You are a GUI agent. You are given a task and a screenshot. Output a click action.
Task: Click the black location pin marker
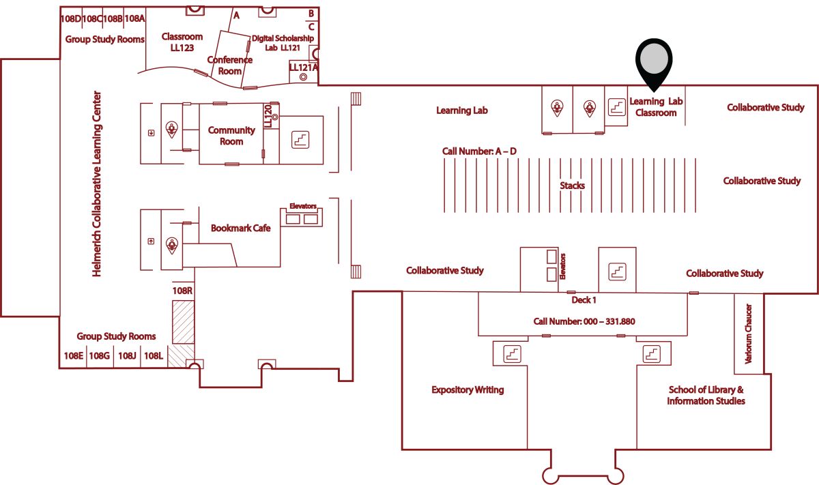(x=654, y=62)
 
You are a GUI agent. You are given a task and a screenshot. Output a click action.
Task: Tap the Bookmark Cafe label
(x=240, y=228)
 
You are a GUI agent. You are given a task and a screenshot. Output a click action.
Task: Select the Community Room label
(x=231, y=136)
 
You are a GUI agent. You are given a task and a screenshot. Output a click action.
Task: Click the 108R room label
(x=182, y=291)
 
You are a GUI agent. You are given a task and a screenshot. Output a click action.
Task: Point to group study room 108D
(x=70, y=18)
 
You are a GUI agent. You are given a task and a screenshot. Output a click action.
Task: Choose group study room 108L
(x=154, y=355)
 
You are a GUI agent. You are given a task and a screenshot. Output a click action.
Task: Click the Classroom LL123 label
(x=182, y=42)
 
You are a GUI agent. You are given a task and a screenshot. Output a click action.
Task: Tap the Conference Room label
(x=229, y=65)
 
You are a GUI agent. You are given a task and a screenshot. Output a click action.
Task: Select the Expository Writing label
(x=468, y=390)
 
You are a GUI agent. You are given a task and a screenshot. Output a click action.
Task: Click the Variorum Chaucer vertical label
(x=749, y=334)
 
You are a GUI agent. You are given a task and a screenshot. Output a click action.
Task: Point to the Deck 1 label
(x=584, y=300)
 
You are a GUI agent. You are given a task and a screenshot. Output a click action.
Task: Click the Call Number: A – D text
(x=479, y=151)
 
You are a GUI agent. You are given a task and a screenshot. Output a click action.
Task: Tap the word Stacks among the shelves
(x=572, y=186)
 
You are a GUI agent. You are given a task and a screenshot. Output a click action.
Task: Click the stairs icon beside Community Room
(x=300, y=140)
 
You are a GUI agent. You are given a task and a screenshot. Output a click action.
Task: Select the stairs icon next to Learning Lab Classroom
(x=617, y=107)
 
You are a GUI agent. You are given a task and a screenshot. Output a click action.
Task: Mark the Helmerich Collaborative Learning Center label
(x=96, y=184)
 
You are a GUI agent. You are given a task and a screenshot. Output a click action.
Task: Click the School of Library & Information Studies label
(x=706, y=395)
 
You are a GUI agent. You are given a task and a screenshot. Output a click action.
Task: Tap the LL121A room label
(x=303, y=68)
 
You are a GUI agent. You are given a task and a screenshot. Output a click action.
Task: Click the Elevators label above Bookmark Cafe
(x=303, y=206)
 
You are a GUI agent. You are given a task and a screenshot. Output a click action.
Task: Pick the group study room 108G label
(x=100, y=355)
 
